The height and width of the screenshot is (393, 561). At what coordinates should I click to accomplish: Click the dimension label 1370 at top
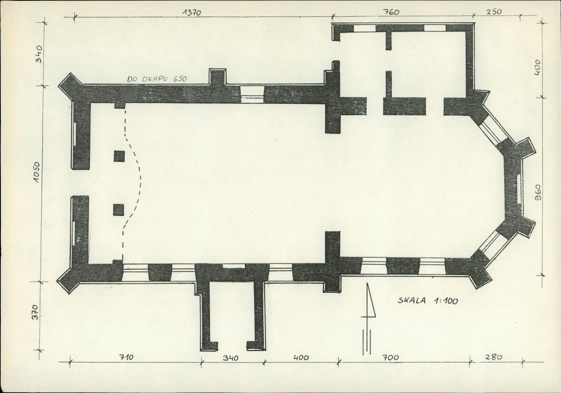pyautogui.click(x=192, y=13)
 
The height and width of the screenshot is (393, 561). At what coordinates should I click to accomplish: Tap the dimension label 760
pyautogui.click(x=391, y=12)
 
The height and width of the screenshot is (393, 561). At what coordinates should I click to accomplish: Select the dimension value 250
pyautogui.click(x=494, y=12)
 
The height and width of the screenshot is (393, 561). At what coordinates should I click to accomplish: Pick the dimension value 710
pyautogui.click(x=126, y=357)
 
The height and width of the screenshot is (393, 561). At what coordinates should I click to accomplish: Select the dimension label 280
pyautogui.click(x=494, y=356)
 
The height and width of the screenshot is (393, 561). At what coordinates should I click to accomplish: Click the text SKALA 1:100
pyautogui.click(x=428, y=301)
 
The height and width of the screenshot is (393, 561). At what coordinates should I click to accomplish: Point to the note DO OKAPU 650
pyautogui.click(x=157, y=79)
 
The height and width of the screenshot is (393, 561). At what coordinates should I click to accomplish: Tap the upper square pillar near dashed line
pyautogui.click(x=119, y=156)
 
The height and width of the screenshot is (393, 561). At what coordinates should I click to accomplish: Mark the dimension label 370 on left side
pyautogui.click(x=34, y=312)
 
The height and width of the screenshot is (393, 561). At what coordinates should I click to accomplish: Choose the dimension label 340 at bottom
pyautogui.click(x=231, y=357)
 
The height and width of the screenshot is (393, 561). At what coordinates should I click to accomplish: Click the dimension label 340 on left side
pyautogui.click(x=39, y=54)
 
